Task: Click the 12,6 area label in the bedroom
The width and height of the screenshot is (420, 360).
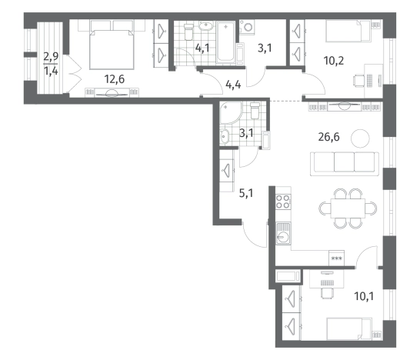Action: click(x=115, y=79)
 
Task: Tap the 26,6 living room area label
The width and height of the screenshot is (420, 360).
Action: click(x=328, y=137)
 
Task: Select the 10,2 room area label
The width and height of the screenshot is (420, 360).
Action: click(x=334, y=61)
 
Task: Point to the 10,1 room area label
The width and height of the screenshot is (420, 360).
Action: click(x=364, y=296)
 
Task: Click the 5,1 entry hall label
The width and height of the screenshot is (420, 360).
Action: click(x=246, y=193)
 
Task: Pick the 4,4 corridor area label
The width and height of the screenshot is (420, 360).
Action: click(x=233, y=85)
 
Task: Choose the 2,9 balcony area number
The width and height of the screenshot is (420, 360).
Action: click(x=51, y=57)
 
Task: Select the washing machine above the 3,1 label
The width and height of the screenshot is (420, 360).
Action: click(x=247, y=27)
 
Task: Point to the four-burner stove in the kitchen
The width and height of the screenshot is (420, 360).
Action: click(x=283, y=202)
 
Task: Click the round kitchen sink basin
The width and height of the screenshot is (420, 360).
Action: click(x=282, y=237)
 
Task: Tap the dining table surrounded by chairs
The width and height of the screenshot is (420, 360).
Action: click(x=348, y=208)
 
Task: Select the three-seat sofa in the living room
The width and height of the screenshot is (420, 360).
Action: click(x=345, y=164)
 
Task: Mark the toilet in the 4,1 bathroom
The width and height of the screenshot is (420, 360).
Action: click(x=188, y=32)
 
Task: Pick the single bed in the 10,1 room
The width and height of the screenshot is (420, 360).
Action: click(x=349, y=329)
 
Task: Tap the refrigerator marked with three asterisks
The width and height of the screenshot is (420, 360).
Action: click(x=337, y=258)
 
